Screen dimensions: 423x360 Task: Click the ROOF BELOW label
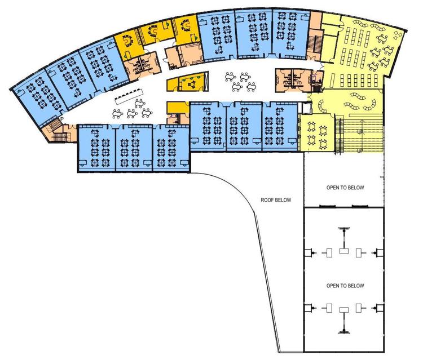pyautogui.click(x=276, y=200)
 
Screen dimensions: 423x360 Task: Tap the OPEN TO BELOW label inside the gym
pyautogui.click(x=345, y=286)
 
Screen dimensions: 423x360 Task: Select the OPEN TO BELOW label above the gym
pyautogui.click(x=345, y=188)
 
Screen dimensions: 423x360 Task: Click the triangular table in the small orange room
pyautogui.click(x=192, y=85)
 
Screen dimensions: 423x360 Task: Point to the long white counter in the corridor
pyautogui.click(x=129, y=96)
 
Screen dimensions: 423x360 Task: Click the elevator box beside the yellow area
pyautogui.click(x=306, y=108)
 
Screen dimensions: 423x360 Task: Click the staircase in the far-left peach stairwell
pyautogui.click(x=56, y=131)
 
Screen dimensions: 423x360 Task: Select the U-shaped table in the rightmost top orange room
pyautogui.click(x=185, y=26)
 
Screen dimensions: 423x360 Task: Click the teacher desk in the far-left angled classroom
pyautogui.click(x=19, y=92)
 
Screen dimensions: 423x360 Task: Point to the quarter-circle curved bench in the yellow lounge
pyautogui.click(x=322, y=106)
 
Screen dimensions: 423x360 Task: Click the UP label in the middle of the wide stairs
pyautogui.click(x=360, y=132)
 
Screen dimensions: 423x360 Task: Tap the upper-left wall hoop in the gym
pyautogui.click(x=310, y=253)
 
